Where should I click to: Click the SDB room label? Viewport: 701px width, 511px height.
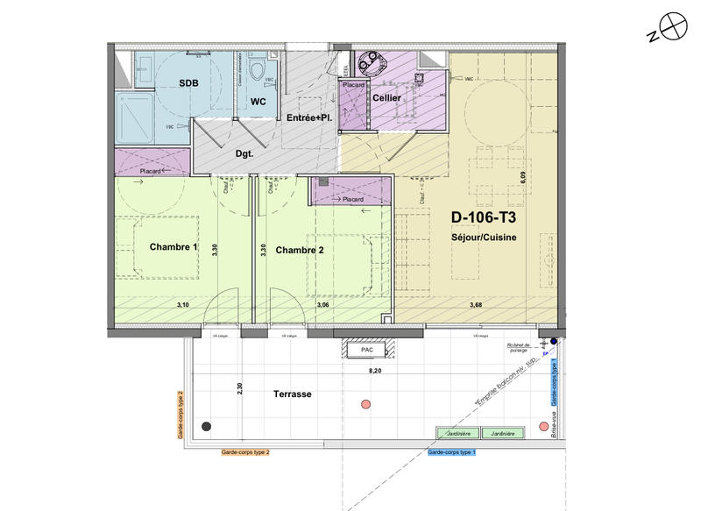coord(188,83)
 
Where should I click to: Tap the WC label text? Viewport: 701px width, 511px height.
coord(258,102)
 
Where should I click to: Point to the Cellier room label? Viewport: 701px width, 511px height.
coord(386,98)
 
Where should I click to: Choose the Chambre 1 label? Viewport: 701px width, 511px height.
coord(173,248)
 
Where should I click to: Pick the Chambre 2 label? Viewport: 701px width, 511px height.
coord(300,250)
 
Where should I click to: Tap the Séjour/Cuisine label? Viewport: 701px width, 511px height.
coord(484,238)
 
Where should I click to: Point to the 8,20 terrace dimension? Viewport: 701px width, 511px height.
coord(373,372)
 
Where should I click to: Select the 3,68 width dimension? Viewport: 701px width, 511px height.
coord(476,305)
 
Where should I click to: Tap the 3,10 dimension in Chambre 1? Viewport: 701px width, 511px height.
coord(183,305)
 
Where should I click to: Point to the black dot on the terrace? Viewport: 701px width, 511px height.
coord(206,426)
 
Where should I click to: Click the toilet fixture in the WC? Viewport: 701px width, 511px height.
coord(258,71)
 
